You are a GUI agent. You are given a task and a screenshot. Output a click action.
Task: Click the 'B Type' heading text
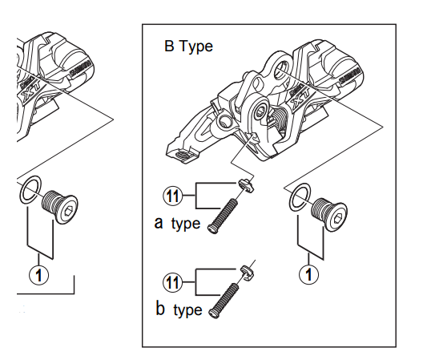pyautogui.click(x=187, y=47)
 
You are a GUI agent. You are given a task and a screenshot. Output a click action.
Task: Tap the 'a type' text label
pyautogui.click(x=176, y=223)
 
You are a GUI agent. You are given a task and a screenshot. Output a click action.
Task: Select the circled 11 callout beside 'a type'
pyautogui.click(x=172, y=195)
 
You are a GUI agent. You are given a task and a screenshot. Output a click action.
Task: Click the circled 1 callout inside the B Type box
pyautogui.click(x=310, y=273)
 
